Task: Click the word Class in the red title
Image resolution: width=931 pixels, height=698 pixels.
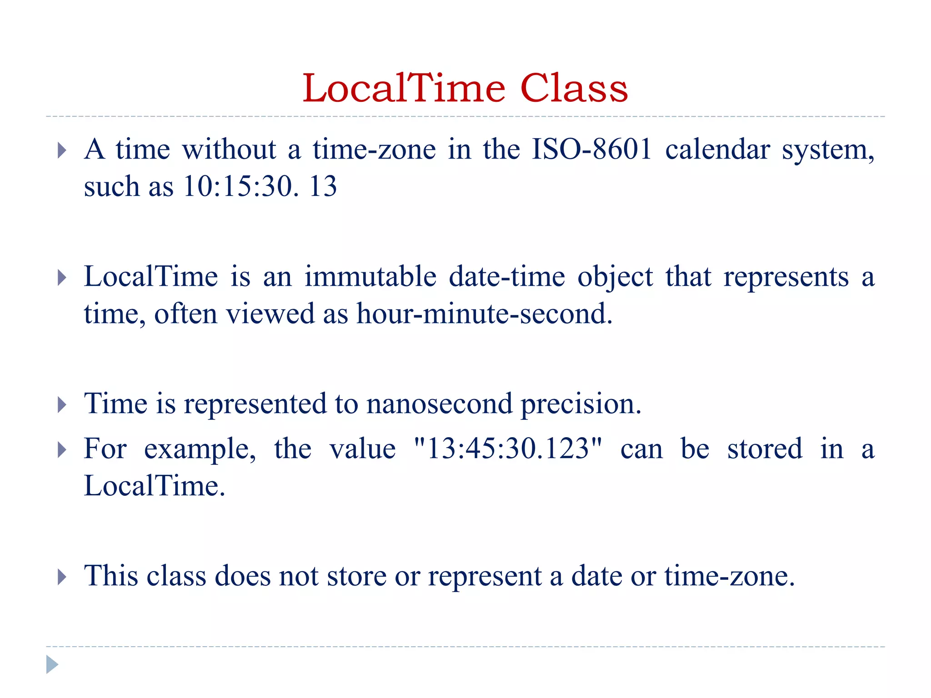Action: coord(574,88)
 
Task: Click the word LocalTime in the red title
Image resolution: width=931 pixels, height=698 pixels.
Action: coord(404,88)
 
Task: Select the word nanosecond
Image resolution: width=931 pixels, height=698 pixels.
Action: coord(439,404)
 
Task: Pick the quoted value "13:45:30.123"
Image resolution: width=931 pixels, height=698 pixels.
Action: coord(508,449)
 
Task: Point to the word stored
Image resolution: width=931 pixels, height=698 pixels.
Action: coord(765,449)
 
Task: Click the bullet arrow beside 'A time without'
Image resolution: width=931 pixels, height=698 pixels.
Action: coord(62,150)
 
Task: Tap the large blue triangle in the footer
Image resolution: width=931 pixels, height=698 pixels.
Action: coord(52,664)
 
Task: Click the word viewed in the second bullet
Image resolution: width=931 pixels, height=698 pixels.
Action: coord(270,314)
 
